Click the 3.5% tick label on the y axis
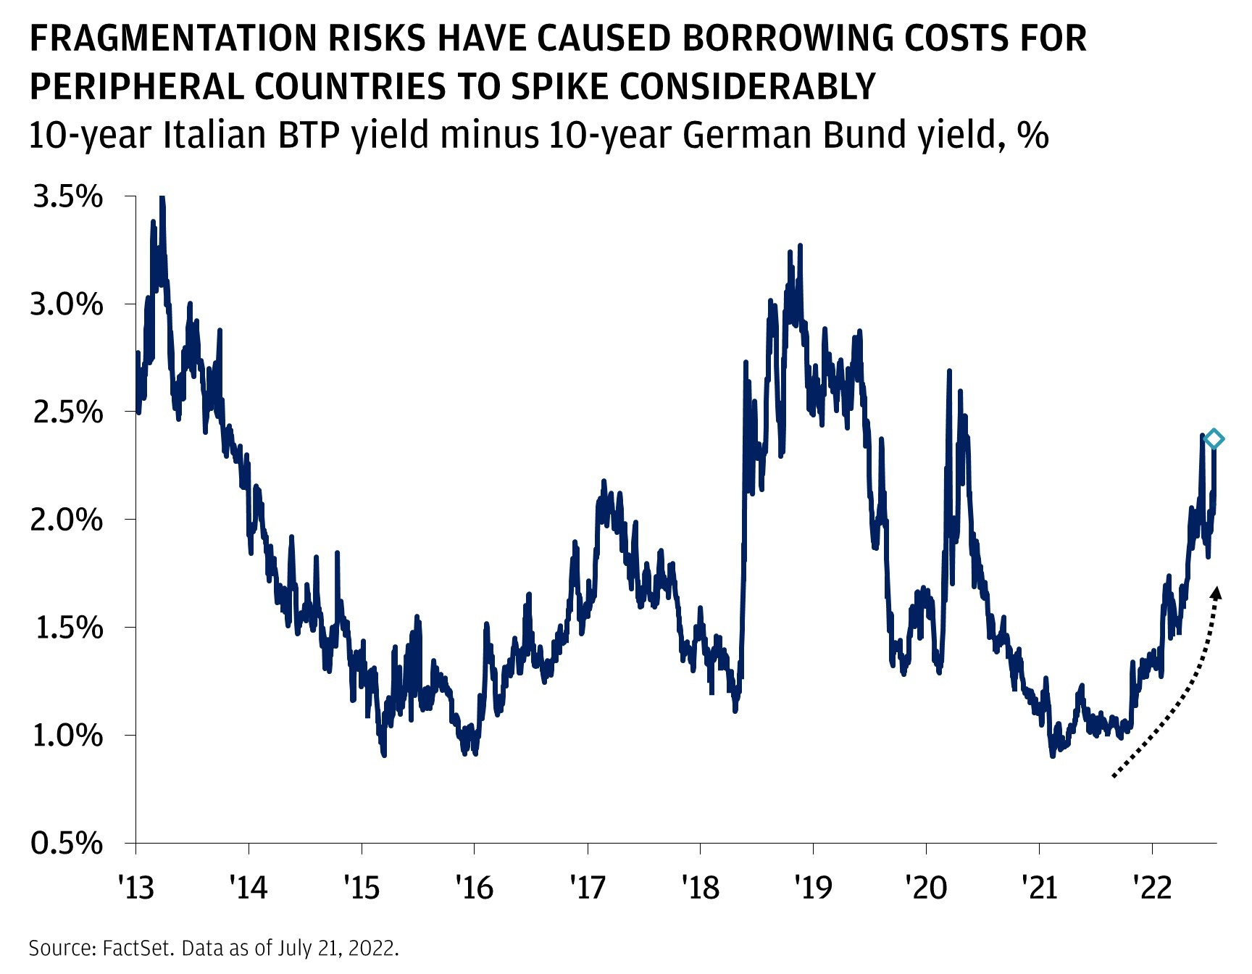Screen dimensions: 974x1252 (x=67, y=196)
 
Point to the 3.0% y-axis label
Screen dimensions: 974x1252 (x=66, y=304)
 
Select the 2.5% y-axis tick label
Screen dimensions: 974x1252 (x=66, y=412)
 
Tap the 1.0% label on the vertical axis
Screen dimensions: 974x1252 (x=67, y=736)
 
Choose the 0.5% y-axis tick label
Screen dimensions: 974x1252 (x=66, y=843)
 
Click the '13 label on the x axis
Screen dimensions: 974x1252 (x=136, y=886)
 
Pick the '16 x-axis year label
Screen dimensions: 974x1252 (x=475, y=886)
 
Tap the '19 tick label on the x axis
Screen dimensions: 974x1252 (x=813, y=886)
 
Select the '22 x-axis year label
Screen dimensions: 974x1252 (x=1152, y=886)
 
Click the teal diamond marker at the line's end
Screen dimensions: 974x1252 (x=1214, y=438)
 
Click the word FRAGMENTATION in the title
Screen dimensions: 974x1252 (x=172, y=38)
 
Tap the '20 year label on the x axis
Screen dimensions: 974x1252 (x=926, y=886)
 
